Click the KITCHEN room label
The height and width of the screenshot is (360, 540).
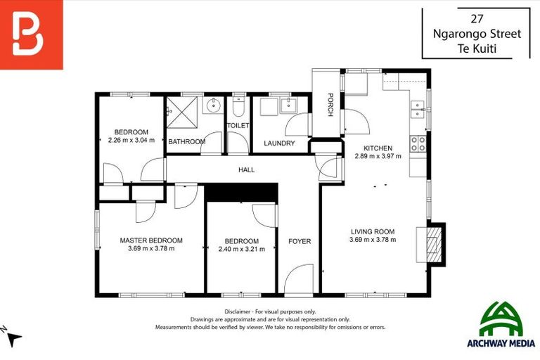coord(378,148)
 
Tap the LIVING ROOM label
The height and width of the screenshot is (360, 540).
coord(372,231)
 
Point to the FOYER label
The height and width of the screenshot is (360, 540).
coord(300,241)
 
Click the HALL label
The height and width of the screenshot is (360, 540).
coord(246,169)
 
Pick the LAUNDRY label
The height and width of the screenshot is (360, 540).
coord(279,143)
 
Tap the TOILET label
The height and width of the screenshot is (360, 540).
coord(238,126)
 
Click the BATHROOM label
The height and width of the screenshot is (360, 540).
coord(187,142)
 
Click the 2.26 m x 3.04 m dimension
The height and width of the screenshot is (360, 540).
coord(131,140)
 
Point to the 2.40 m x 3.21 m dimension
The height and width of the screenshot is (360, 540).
coord(241,249)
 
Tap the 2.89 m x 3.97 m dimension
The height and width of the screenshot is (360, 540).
coord(378,156)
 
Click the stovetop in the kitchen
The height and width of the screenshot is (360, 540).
coord(418,144)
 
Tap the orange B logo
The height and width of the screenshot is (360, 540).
coord(31,34)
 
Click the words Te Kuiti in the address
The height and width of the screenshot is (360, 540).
coord(476,47)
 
